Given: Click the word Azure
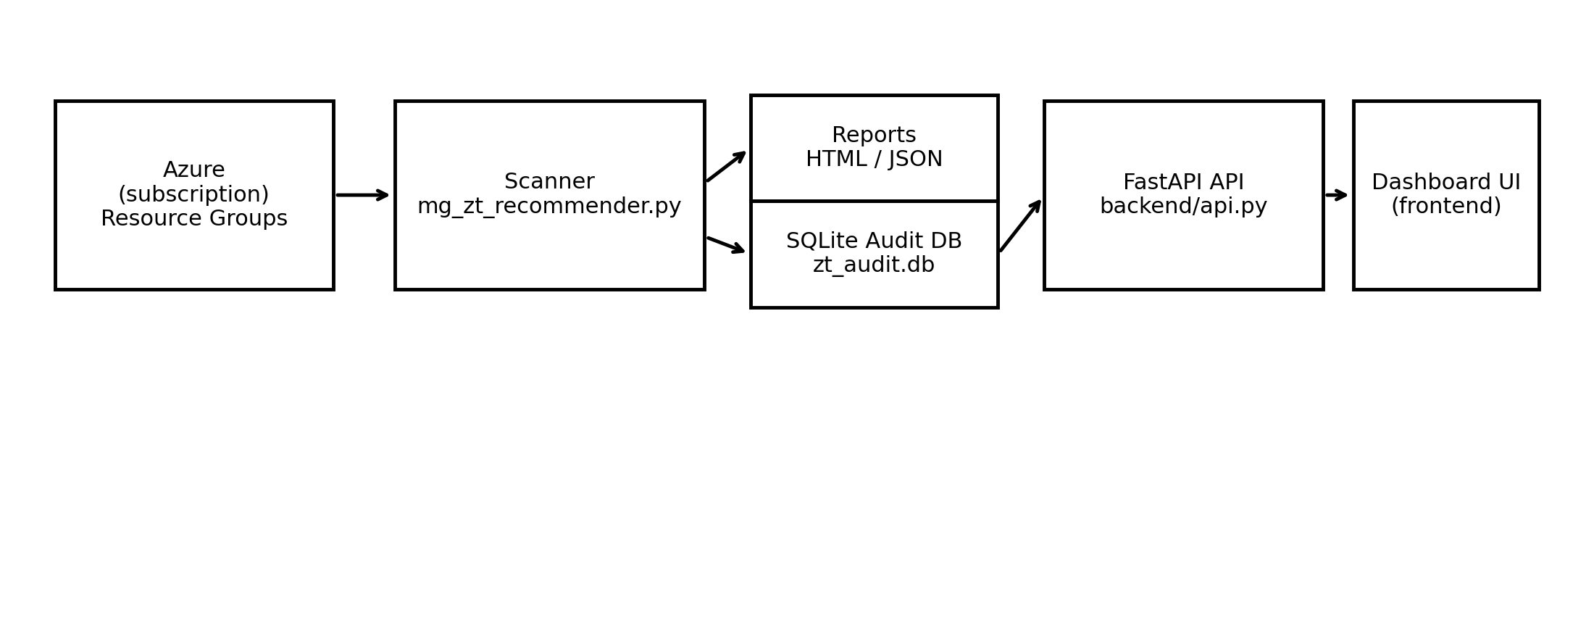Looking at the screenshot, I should tap(193, 170).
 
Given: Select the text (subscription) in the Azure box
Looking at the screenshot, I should tap(193, 195).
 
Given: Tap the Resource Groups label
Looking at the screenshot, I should tap(193, 219).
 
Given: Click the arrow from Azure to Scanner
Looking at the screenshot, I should tap(362, 195).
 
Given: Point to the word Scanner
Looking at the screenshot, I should tap(549, 182).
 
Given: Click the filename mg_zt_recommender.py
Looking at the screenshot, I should tap(549, 207).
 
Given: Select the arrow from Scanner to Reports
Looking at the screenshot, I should tap(726, 167).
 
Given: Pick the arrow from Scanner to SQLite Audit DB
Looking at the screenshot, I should tap(726, 244).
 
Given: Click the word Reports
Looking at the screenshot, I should tap(874, 136).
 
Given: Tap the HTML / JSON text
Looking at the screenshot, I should tap(874, 159).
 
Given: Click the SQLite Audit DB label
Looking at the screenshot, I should tap(874, 241).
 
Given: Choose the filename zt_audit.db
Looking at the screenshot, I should tap(874, 265).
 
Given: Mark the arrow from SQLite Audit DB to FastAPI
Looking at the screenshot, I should tap(1020, 227).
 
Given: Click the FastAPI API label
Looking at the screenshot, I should tap(1183, 183).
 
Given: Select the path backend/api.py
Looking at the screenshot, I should tap(1183, 207).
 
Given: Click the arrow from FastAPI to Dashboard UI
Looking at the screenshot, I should tap(1336, 195).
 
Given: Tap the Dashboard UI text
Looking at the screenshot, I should tap(1445, 183).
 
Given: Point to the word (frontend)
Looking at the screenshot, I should tap(1445, 207).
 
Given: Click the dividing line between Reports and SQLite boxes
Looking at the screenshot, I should tap(874, 201).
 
